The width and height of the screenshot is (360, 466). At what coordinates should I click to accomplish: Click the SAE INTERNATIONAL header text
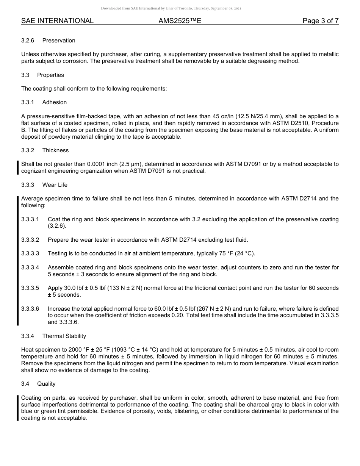[57, 21]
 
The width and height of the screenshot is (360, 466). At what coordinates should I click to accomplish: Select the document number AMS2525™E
[180, 21]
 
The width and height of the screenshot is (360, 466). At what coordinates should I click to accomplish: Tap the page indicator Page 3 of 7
[320, 21]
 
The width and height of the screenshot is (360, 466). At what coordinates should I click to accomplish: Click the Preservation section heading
[59, 41]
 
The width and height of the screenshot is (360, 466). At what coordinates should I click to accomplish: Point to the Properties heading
[50, 75]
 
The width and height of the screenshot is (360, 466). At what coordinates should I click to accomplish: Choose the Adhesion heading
[55, 102]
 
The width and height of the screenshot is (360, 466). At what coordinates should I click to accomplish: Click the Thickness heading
[55, 150]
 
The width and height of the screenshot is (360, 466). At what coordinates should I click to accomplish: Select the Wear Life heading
[55, 185]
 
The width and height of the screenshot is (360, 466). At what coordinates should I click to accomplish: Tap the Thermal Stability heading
[64, 336]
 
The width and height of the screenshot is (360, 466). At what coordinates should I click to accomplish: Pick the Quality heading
[46, 384]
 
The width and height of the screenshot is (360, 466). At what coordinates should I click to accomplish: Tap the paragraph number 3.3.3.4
[30, 267]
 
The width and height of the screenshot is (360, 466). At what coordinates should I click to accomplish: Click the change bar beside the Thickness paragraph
[17, 167]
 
